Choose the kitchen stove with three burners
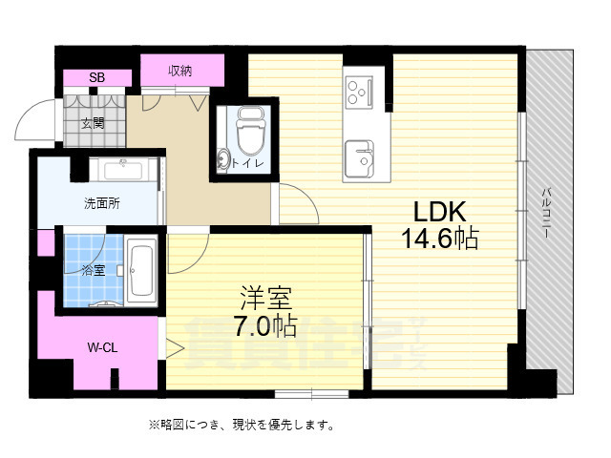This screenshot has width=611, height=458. tap(362, 93)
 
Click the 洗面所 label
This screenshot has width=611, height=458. tap(101, 203)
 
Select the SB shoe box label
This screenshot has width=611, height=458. tap(96, 77)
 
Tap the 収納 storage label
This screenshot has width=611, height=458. tap(181, 71)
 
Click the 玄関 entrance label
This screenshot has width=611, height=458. tap(93, 123)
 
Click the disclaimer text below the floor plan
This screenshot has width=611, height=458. tap(241, 425)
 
